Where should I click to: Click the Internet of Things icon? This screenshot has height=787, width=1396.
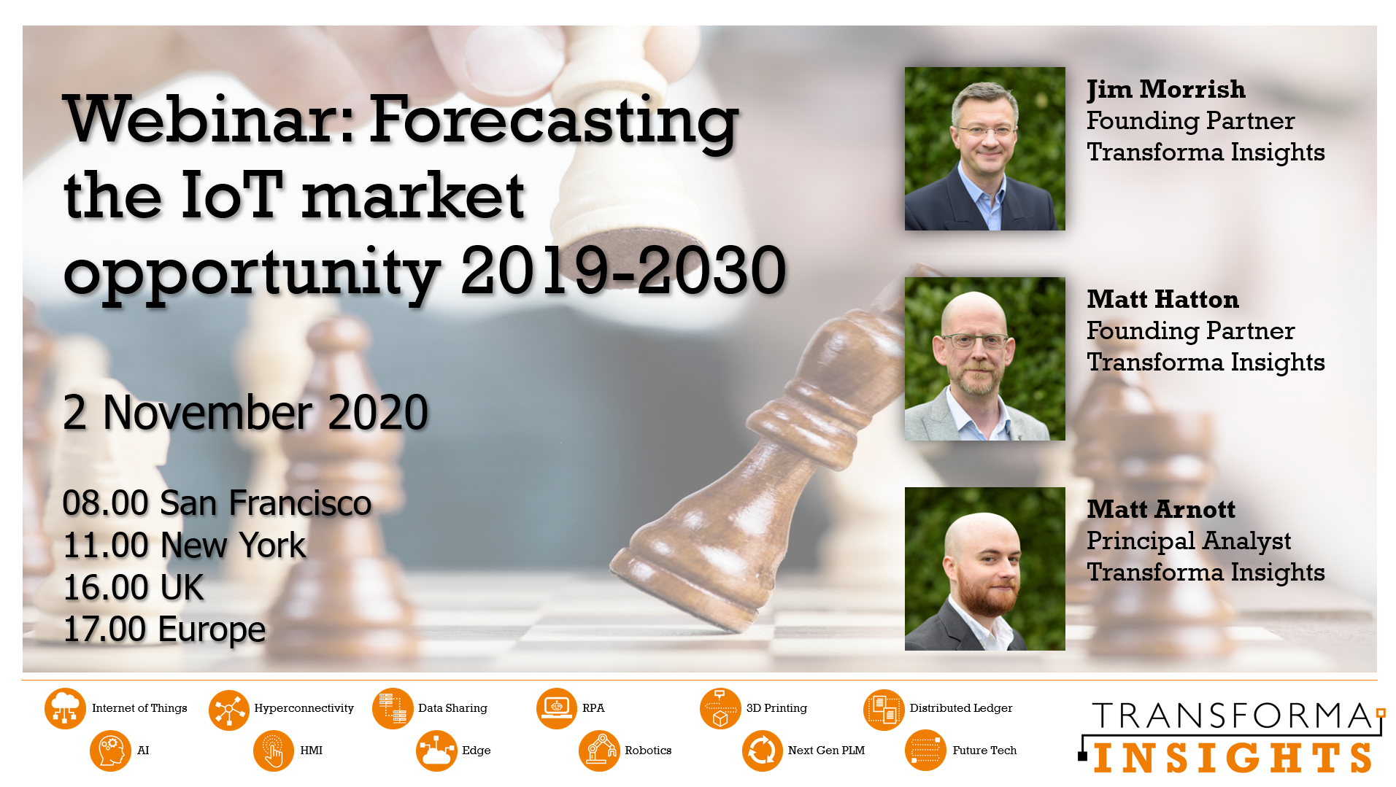65,708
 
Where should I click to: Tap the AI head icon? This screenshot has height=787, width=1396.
110,751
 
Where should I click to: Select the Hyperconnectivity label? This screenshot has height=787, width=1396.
304,708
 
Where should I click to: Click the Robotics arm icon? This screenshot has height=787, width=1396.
599,751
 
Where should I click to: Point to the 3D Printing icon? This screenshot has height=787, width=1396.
720,708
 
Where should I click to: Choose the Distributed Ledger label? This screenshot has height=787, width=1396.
960,708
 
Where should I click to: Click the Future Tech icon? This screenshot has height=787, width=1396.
925,751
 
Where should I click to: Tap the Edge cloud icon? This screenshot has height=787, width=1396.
436,751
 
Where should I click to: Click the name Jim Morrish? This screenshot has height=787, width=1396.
1165,90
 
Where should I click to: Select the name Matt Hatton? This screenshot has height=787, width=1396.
1162,300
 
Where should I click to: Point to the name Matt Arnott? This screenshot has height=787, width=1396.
1161,510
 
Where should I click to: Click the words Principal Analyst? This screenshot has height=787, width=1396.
1189,541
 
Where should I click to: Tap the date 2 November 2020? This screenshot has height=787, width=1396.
245,412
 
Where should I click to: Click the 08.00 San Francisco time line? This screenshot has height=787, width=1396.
217,503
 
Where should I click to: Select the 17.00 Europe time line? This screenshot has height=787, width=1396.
164,629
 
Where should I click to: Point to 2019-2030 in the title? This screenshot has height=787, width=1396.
623,271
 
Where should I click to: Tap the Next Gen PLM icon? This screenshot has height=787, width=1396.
763,751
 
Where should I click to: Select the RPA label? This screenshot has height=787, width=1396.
593,708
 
